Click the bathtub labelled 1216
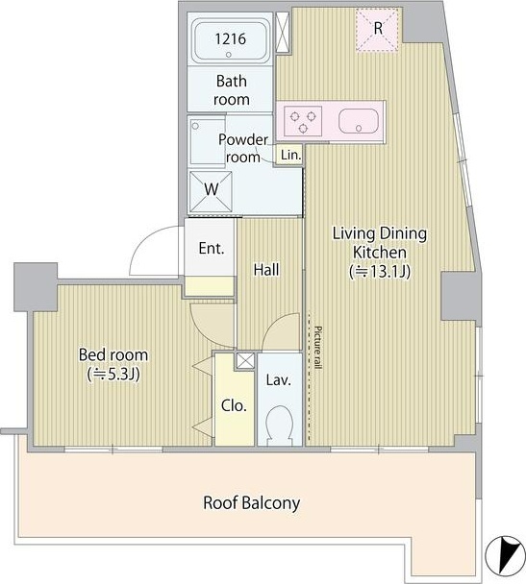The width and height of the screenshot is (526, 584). point(231,40)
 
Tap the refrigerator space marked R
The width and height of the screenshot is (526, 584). point(377,29)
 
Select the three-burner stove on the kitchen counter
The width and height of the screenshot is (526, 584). point(303,121)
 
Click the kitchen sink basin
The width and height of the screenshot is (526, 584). point(359,121)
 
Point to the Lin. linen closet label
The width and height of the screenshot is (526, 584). point(290,155)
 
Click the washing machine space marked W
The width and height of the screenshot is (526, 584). point(211,191)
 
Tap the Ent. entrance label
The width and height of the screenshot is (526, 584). point(212,248)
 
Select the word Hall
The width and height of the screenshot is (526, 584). point(266,270)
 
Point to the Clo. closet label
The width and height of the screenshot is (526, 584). point(234,405)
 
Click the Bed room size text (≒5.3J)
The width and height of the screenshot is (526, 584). point(113,374)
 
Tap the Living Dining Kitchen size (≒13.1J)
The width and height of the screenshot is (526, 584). point(380,272)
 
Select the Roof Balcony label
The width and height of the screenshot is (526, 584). point(251,502)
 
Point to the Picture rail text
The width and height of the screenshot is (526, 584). point(317,348)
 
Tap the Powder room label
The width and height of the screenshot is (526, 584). point(243,148)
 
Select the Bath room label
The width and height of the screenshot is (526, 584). point(231,90)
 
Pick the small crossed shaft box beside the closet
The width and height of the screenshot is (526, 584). point(245,360)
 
